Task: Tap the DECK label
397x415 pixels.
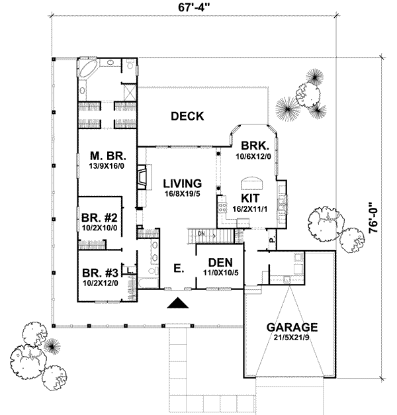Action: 187,116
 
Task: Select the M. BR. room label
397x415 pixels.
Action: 109,156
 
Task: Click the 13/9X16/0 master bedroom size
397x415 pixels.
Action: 109,167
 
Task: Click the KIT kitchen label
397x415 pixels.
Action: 249,198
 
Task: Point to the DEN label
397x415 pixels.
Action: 215,261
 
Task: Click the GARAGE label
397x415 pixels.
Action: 292,327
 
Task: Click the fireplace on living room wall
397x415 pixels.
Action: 141,177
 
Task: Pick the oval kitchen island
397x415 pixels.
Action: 252,181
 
